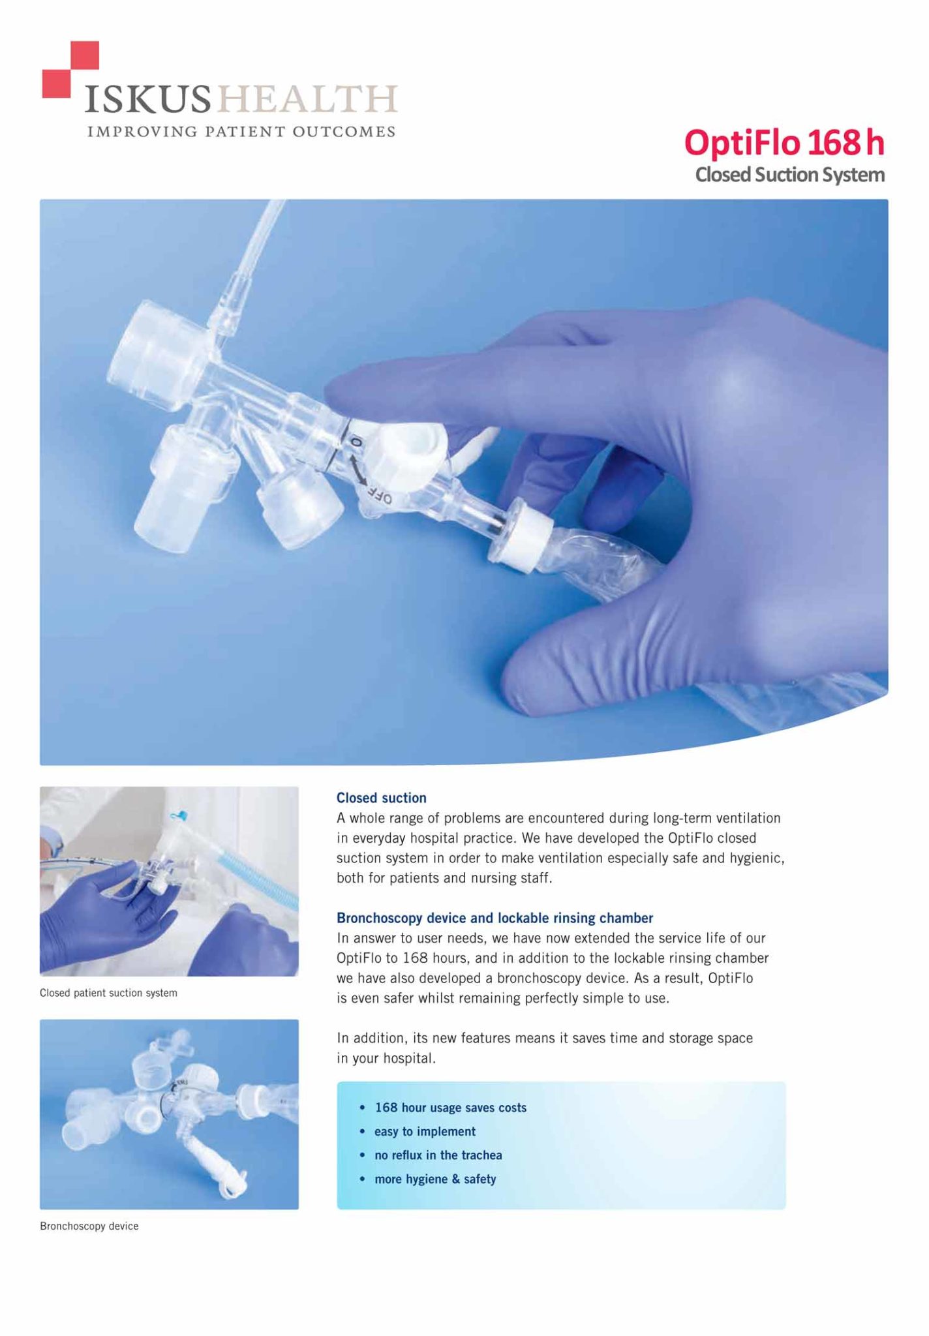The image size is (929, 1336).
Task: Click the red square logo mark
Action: click(x=70, y=70)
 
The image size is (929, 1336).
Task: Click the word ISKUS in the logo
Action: click(x=148, y=100)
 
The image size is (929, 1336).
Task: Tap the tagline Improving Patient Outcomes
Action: click(x=241, y=131)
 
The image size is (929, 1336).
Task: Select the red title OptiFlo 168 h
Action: click(x=784, y=142)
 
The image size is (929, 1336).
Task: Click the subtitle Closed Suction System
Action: click(x=790, y=175)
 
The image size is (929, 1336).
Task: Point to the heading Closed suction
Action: click(x=381, y=798)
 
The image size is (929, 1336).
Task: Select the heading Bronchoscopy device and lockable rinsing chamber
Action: click(x=495, y=918)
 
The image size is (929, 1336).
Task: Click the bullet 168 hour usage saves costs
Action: click(x=450, y=1108)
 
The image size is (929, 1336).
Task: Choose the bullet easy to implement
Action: click(x=425, y=1132)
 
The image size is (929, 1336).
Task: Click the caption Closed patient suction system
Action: click(x=108, y=993)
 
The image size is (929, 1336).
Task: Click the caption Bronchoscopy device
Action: click(x=89, y=1226)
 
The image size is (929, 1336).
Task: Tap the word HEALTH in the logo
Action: click(x=306, y=100)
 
